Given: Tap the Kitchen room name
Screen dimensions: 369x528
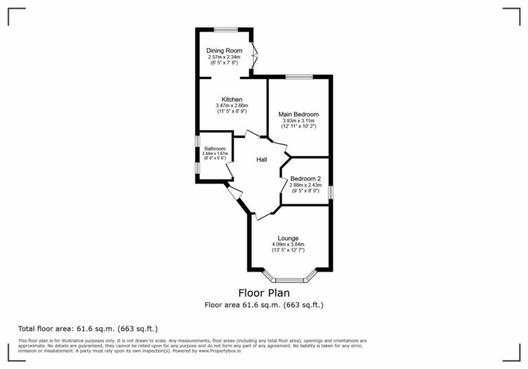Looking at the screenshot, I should point(232,99).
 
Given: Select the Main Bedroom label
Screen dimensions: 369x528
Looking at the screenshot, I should point(298,113).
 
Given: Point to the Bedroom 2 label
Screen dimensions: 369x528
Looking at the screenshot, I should point(305,179).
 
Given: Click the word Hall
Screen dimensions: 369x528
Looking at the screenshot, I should point(262,159).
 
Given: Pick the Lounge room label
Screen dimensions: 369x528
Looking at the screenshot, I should point(287,238).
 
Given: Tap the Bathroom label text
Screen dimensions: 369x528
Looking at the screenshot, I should point(214,148).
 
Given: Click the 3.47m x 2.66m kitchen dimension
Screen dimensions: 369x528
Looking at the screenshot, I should point(232,105).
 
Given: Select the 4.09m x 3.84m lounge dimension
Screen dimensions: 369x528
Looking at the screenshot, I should point(287,245).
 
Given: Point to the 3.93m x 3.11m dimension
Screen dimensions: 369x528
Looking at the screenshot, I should point(298,120).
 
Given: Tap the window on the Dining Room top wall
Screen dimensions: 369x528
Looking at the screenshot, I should point(225,29).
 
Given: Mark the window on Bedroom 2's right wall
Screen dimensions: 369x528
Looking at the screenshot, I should point(330,192).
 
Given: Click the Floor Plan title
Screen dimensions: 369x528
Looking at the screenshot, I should point(264,292).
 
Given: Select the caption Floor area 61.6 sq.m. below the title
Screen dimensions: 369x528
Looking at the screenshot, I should point(264,304).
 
